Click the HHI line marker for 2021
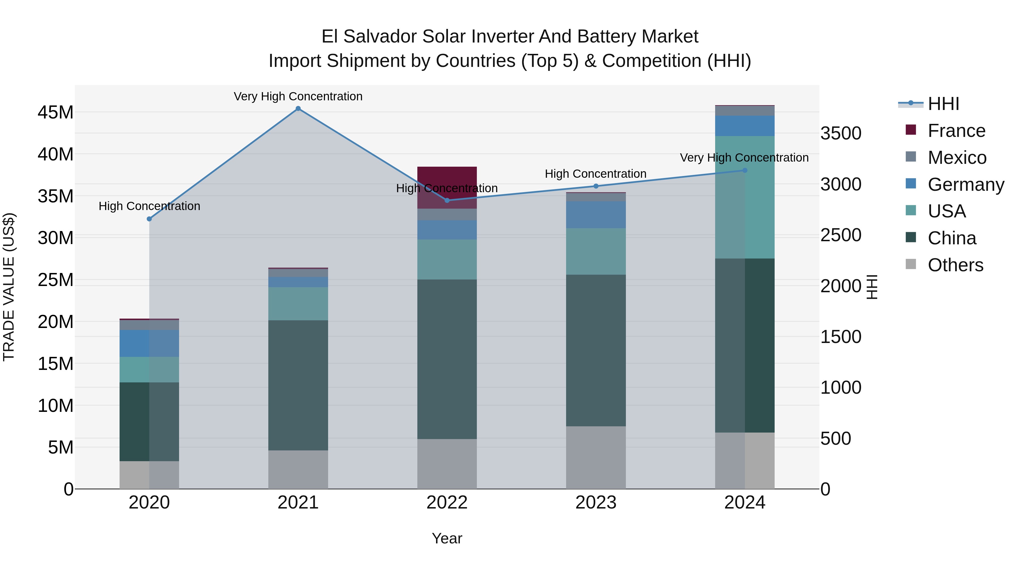[298, 109]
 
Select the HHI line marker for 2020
[149, 219]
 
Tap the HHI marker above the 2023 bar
[596, 186]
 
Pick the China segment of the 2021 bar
[298, 385]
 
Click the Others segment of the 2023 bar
[596, 457]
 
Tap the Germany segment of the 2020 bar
[149, 344]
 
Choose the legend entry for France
[956, 131]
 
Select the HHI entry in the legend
[943, 104]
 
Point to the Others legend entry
[955, 265]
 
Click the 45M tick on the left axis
[56, 113]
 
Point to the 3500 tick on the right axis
[841, 133]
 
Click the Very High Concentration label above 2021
[298, 96]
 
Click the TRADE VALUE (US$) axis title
[9, 287]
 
